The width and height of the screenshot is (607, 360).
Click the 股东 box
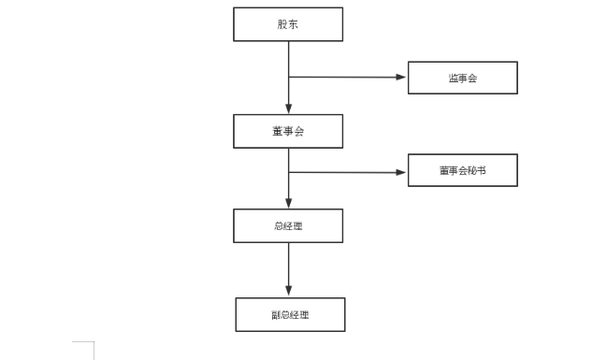288,24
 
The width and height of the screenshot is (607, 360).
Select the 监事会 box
462,78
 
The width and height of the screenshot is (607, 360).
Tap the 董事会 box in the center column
288,131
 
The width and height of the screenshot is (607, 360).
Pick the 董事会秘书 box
462,170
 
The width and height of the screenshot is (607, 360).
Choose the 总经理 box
288,225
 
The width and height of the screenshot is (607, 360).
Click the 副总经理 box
290,314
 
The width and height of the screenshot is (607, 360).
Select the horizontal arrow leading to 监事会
346,77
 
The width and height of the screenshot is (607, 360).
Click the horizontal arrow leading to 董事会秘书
346,172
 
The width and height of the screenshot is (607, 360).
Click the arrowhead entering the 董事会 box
288,109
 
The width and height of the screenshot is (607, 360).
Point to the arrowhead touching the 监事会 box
402,77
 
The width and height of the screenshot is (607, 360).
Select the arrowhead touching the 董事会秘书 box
402,172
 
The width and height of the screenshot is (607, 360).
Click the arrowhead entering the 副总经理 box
288,292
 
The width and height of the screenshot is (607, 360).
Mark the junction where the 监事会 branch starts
288,77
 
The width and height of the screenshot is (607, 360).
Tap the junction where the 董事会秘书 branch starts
288,172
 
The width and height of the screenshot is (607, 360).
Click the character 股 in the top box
282,24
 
